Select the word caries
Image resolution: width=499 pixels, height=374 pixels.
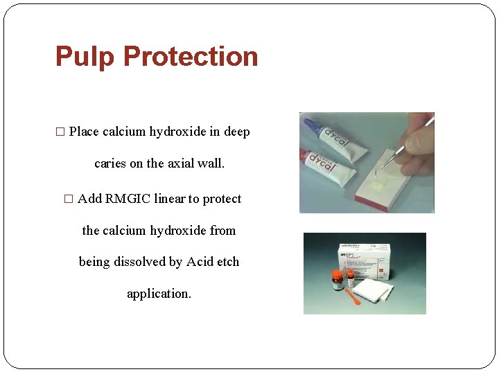tap(110, 164)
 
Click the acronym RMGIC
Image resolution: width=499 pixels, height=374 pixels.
tap(128, 199)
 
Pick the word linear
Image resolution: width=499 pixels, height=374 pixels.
tap(170, 199)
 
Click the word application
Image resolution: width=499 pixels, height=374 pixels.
tap(159, 294)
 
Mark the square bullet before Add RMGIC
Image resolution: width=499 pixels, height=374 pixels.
tap(68, 199)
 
